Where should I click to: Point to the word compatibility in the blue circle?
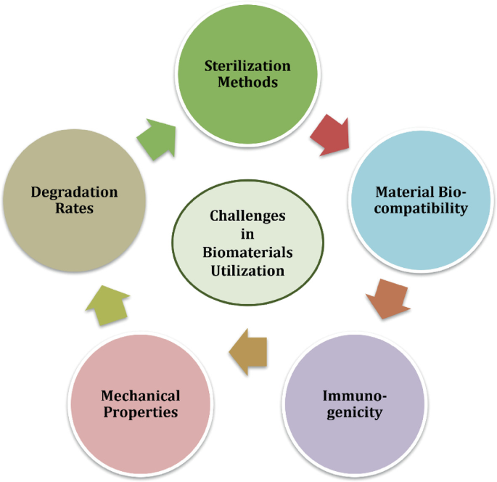coord(421,209)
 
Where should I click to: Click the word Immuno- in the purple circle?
coord(355,396)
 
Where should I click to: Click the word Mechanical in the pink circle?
coord(140,396)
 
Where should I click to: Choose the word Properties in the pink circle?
coord(140,412)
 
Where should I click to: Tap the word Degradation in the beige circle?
coord(74,192)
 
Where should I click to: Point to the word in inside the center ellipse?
coord(247,234)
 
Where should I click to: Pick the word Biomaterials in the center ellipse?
coord(247,252)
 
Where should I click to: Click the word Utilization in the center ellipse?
coord(247,270)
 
